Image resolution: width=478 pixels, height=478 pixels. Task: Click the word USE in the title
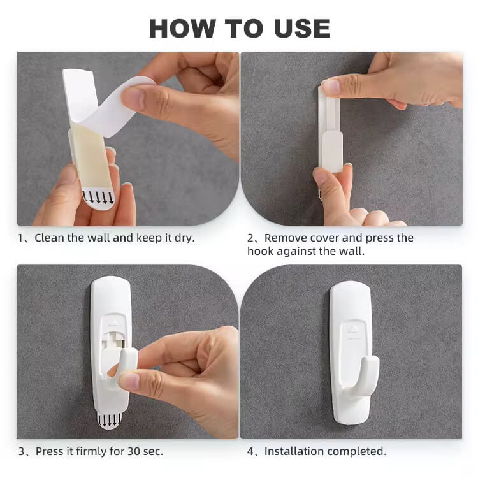[x=302, y=28]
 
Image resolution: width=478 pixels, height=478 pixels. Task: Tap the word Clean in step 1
[x=49, y=238]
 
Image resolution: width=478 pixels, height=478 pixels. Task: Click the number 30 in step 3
[x=134, y=451]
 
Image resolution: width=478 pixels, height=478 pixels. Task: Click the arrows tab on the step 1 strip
[x=98, y=199]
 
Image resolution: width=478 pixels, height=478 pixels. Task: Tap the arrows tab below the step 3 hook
[x=109, y=421]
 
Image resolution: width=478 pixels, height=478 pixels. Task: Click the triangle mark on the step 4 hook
[x=352, y=330]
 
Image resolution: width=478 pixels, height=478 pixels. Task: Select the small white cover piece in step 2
[x=332, y=151]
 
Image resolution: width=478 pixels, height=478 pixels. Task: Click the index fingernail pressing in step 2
[x=330, y=87]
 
